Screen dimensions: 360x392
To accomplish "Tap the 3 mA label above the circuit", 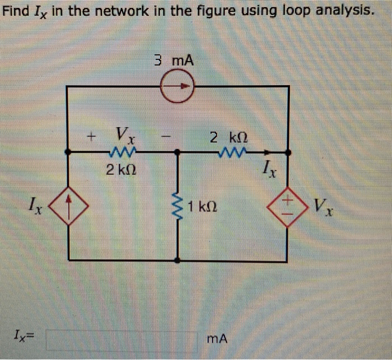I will tap(174, 59).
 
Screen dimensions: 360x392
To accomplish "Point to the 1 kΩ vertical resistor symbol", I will tap(178, 207).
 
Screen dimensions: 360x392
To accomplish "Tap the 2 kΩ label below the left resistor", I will tap(120, 169).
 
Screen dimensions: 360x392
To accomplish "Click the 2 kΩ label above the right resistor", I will tap(228, 136).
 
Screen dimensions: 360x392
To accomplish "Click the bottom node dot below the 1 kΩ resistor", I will tap(178, 260).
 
